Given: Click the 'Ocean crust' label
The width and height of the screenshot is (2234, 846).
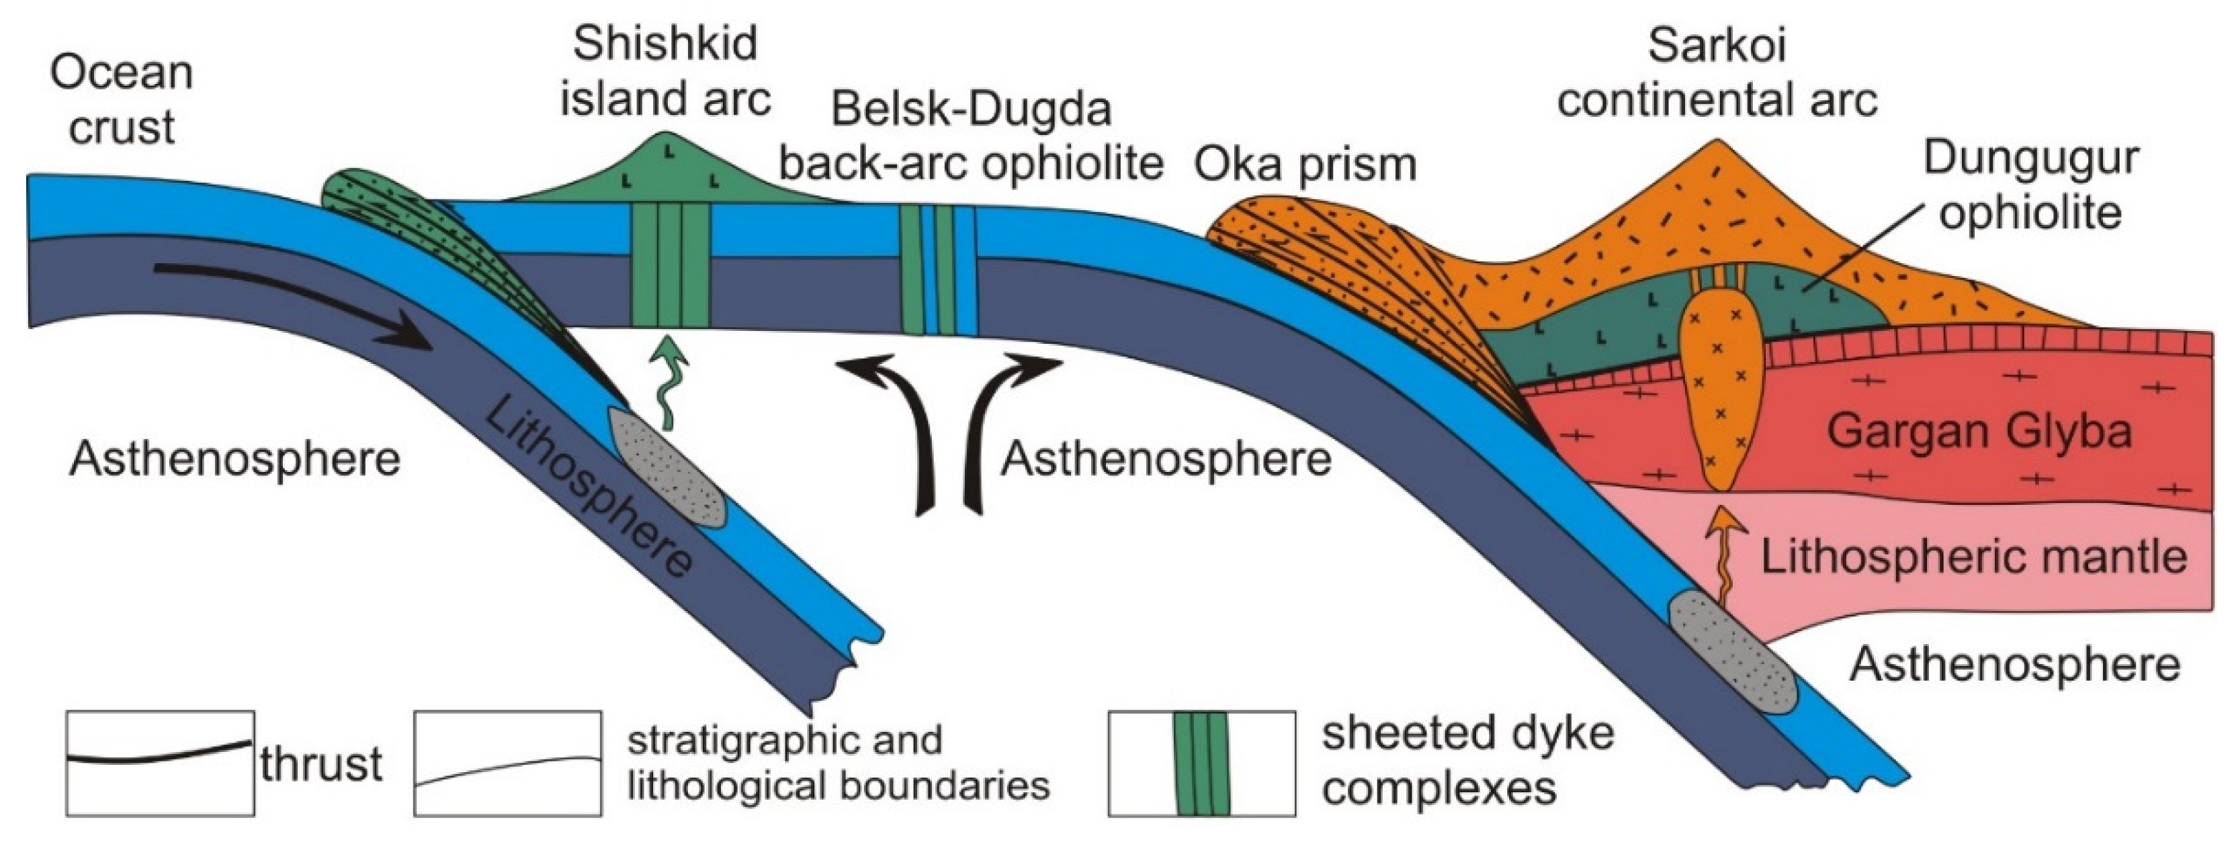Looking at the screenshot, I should [x=122, y=101].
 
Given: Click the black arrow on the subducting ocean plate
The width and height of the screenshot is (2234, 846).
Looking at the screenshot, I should [x=295, y=304].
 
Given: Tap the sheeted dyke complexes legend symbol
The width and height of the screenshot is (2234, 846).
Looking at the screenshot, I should [x=1201, y=763].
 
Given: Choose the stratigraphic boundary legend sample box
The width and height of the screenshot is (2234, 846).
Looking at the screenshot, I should [x=507, y=763].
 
